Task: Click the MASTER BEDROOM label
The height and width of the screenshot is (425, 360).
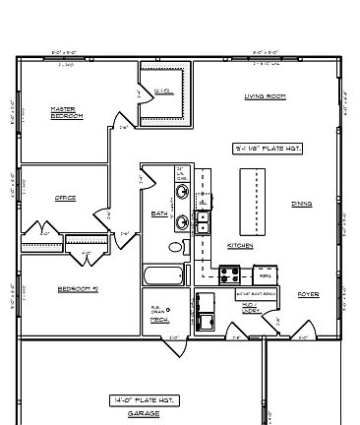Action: pos(66,112)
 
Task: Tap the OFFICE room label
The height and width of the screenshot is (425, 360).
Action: pos(66,199)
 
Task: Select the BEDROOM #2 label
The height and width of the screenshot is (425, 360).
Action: pos(76,289)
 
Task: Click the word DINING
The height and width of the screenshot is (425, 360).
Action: pos(301,204)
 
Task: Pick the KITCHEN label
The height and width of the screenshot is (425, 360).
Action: pos(241,245)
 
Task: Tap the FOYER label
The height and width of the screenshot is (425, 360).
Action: pos(308,294)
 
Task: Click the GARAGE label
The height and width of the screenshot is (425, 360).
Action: pos(144,414)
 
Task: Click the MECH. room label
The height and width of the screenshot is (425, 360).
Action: pos(156,322)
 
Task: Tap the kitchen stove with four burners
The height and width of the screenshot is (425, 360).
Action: pos(229,275)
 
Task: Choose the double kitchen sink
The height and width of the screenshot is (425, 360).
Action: pos(203,222)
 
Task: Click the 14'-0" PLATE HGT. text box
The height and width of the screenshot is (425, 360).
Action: pos(144,399)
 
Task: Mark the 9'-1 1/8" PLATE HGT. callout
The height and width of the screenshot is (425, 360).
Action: pos(263,149)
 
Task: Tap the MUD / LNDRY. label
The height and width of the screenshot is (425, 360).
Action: pos(251,307)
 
